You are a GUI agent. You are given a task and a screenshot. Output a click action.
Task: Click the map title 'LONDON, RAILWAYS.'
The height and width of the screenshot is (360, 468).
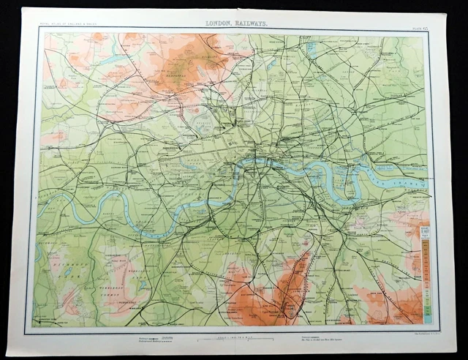pos(237,23)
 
